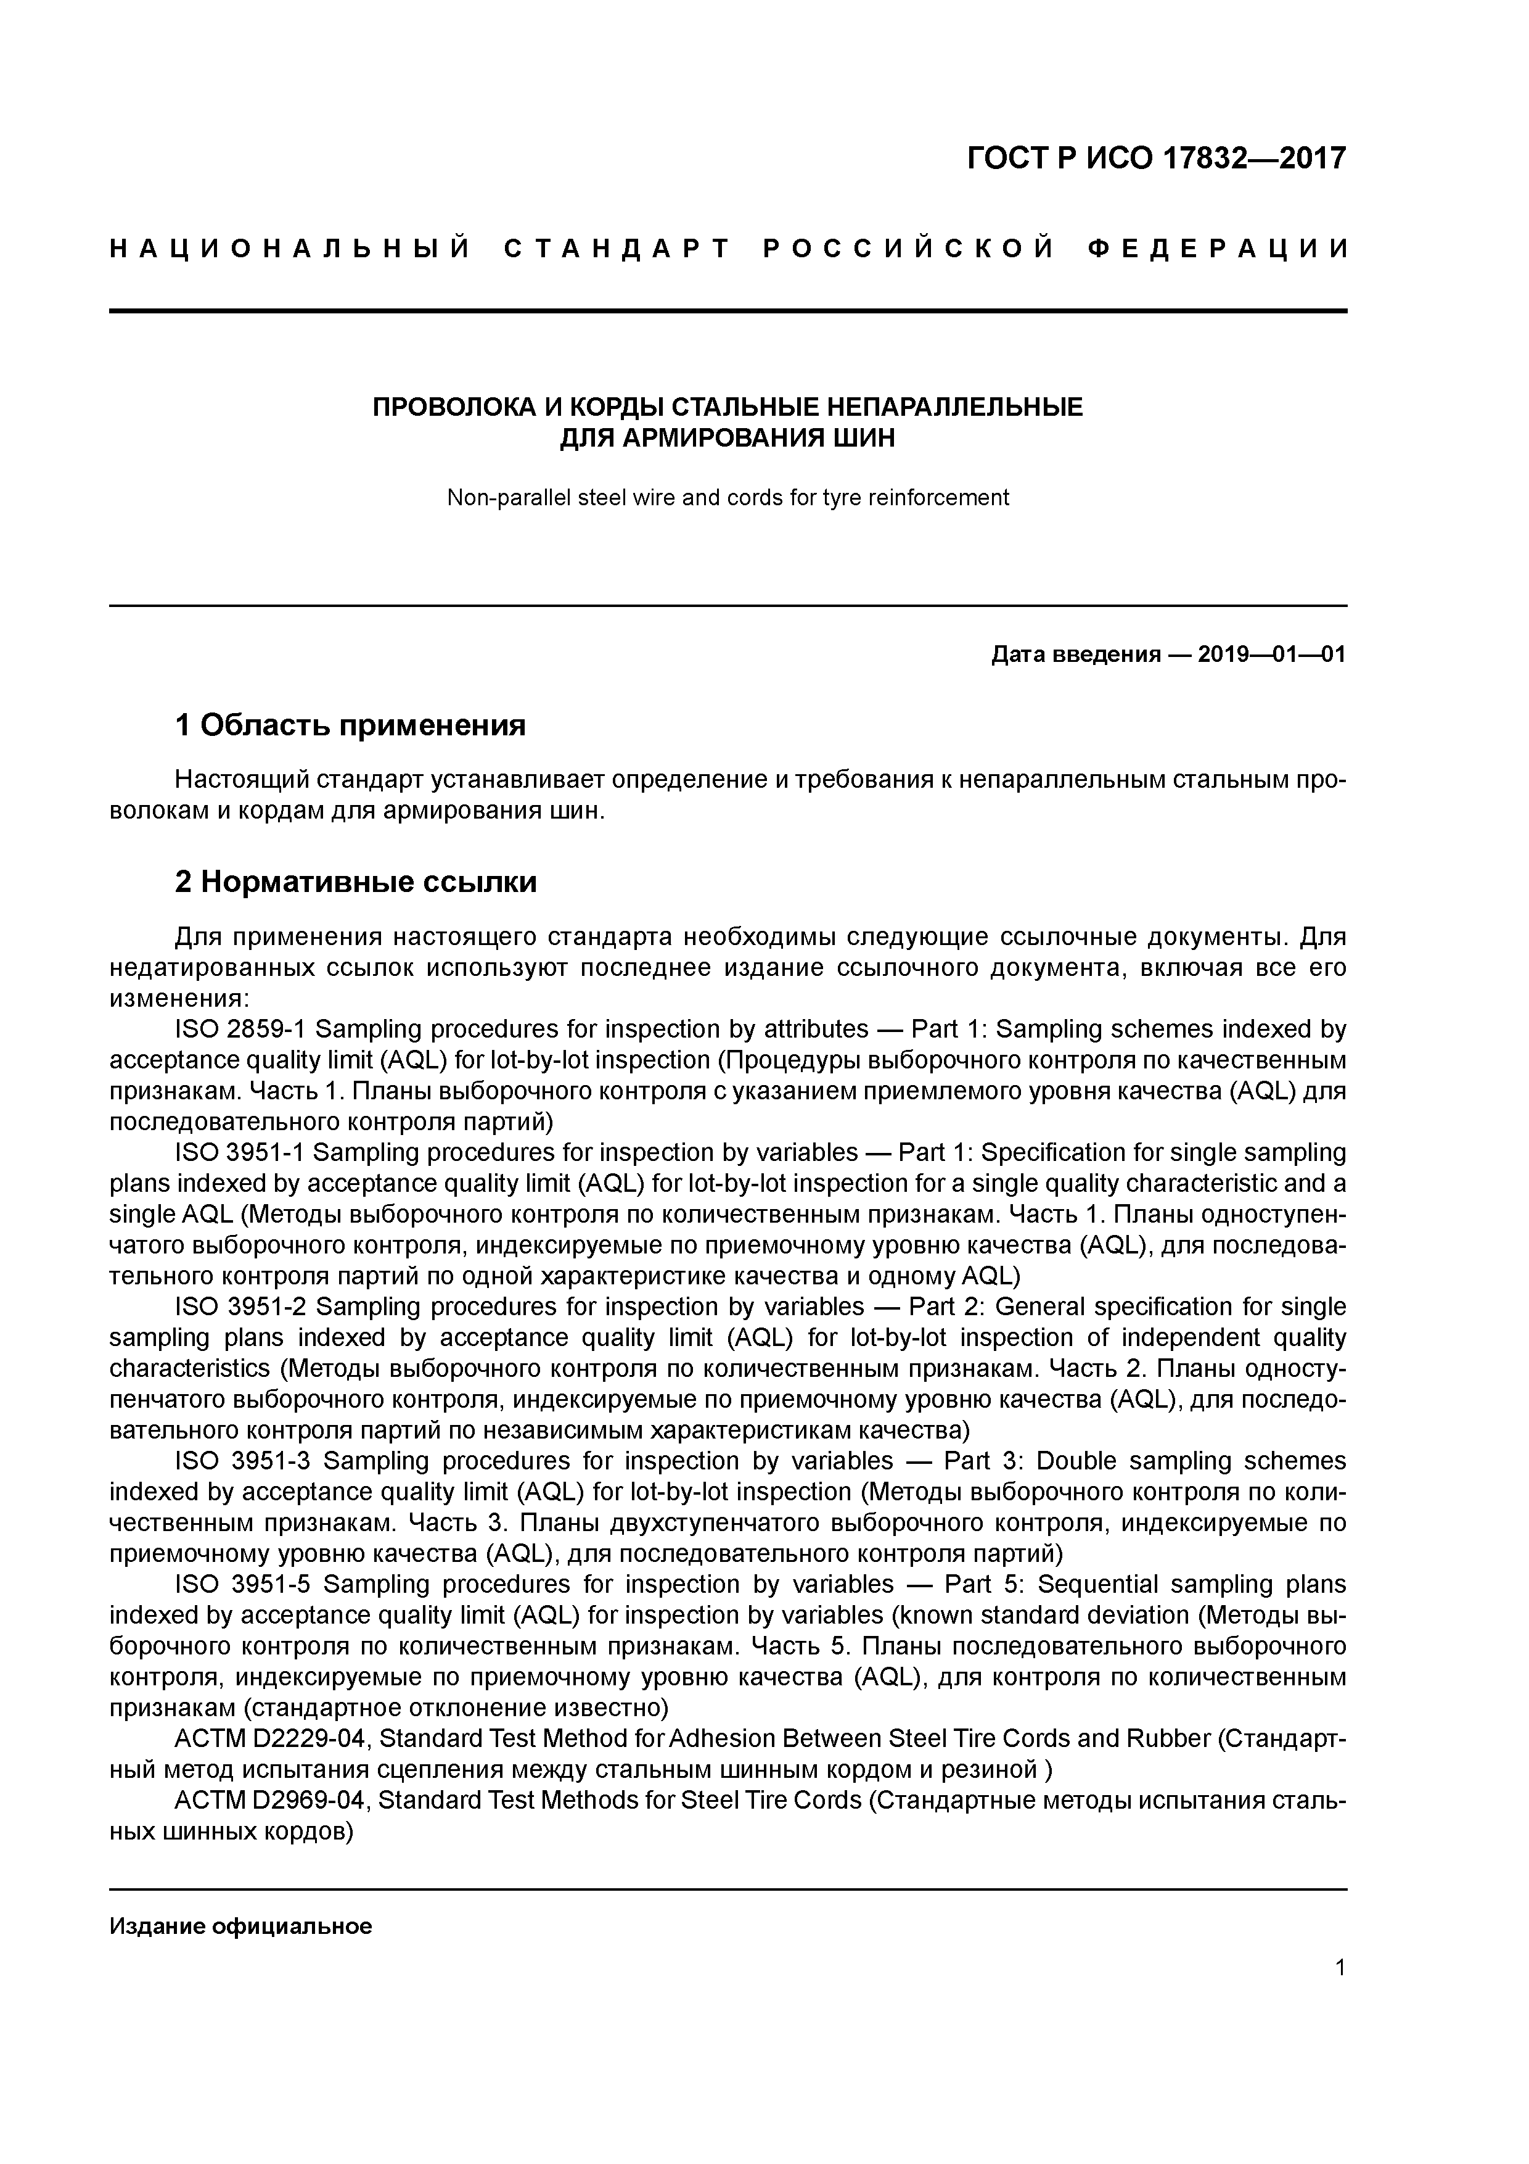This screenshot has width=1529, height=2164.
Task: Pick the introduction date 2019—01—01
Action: coord(1271,654)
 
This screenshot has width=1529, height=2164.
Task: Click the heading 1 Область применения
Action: coord(350,725)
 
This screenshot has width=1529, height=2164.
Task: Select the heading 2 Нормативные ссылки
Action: coord(356,882)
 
